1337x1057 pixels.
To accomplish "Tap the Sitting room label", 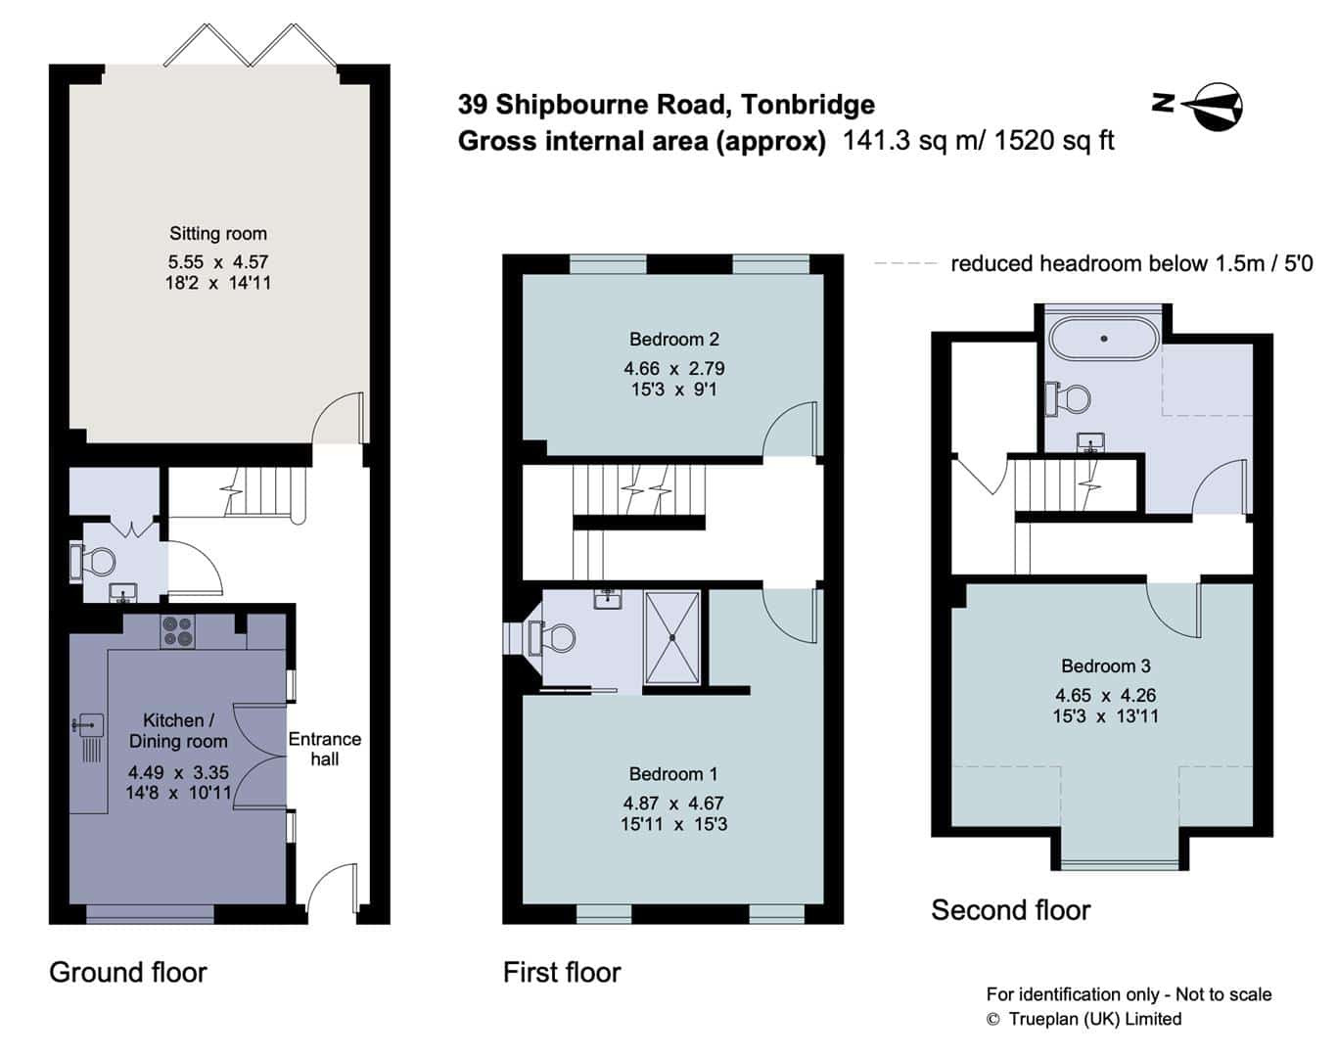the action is [x=218, y=234].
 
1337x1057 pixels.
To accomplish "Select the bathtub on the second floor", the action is [x=1103, y=339].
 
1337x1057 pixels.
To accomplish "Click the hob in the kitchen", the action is [x=178, y=630].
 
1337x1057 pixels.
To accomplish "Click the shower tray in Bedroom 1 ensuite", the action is [x=672, y=637].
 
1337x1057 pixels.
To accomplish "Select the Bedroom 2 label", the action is [x=674, y=340].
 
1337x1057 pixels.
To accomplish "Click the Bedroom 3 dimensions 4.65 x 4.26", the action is [x=1106, y=695].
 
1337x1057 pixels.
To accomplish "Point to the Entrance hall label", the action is [x=324, y=749].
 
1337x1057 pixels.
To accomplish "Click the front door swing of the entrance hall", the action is [x=333, y=889].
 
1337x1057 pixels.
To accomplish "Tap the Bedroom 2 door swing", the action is [x=789, y=429].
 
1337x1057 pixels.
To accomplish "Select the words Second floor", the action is [x=1011, y=910].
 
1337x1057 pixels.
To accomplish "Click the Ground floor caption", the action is [x=128, y=973].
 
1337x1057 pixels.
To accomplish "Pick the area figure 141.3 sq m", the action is [x=912, y=140].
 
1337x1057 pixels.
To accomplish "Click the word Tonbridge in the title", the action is [x=808, y=105].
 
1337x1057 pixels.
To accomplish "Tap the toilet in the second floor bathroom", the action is [x=1069, y=398].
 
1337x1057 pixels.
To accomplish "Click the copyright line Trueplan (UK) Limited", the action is [x=1084, y=1020].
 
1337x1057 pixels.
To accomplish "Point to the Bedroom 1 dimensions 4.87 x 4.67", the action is [x=674, y=803].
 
